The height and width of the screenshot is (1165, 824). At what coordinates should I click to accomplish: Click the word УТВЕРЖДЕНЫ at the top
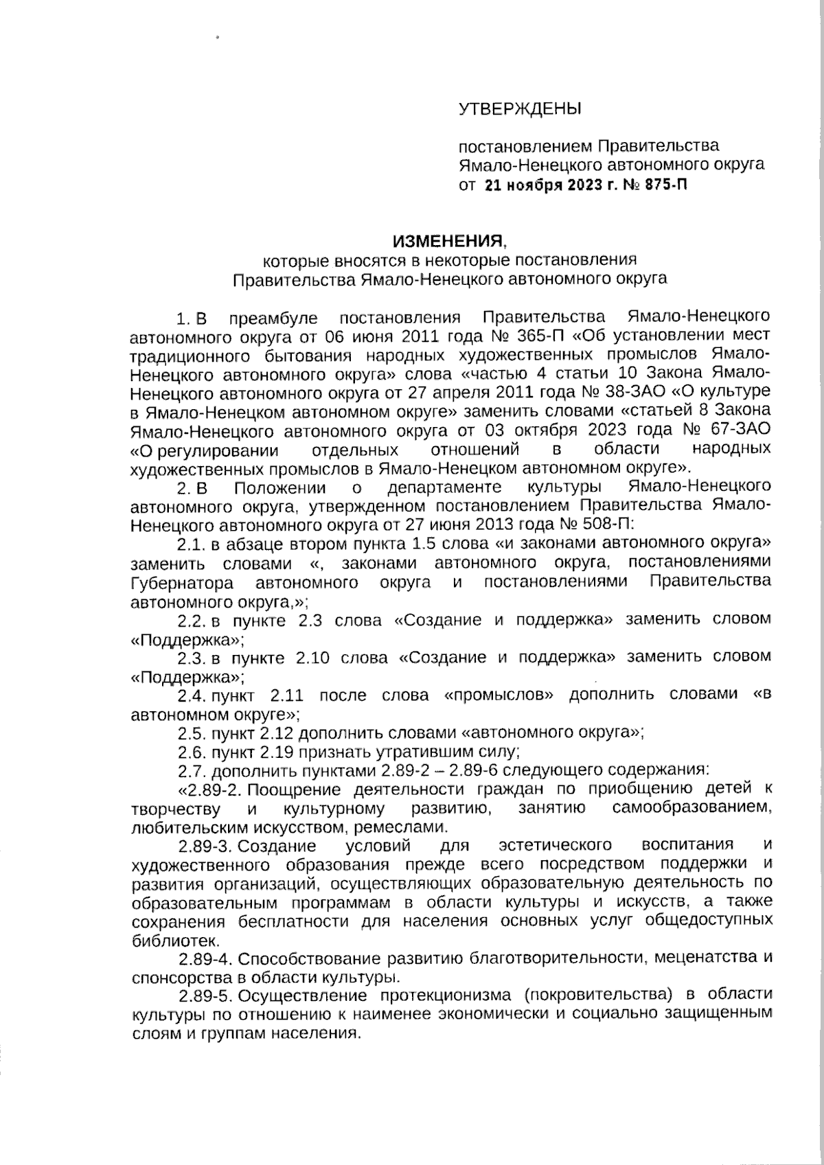point(519,108)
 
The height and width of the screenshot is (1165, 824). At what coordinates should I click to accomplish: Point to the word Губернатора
point(183,583)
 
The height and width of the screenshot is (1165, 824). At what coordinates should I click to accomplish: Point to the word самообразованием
point(691,808)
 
